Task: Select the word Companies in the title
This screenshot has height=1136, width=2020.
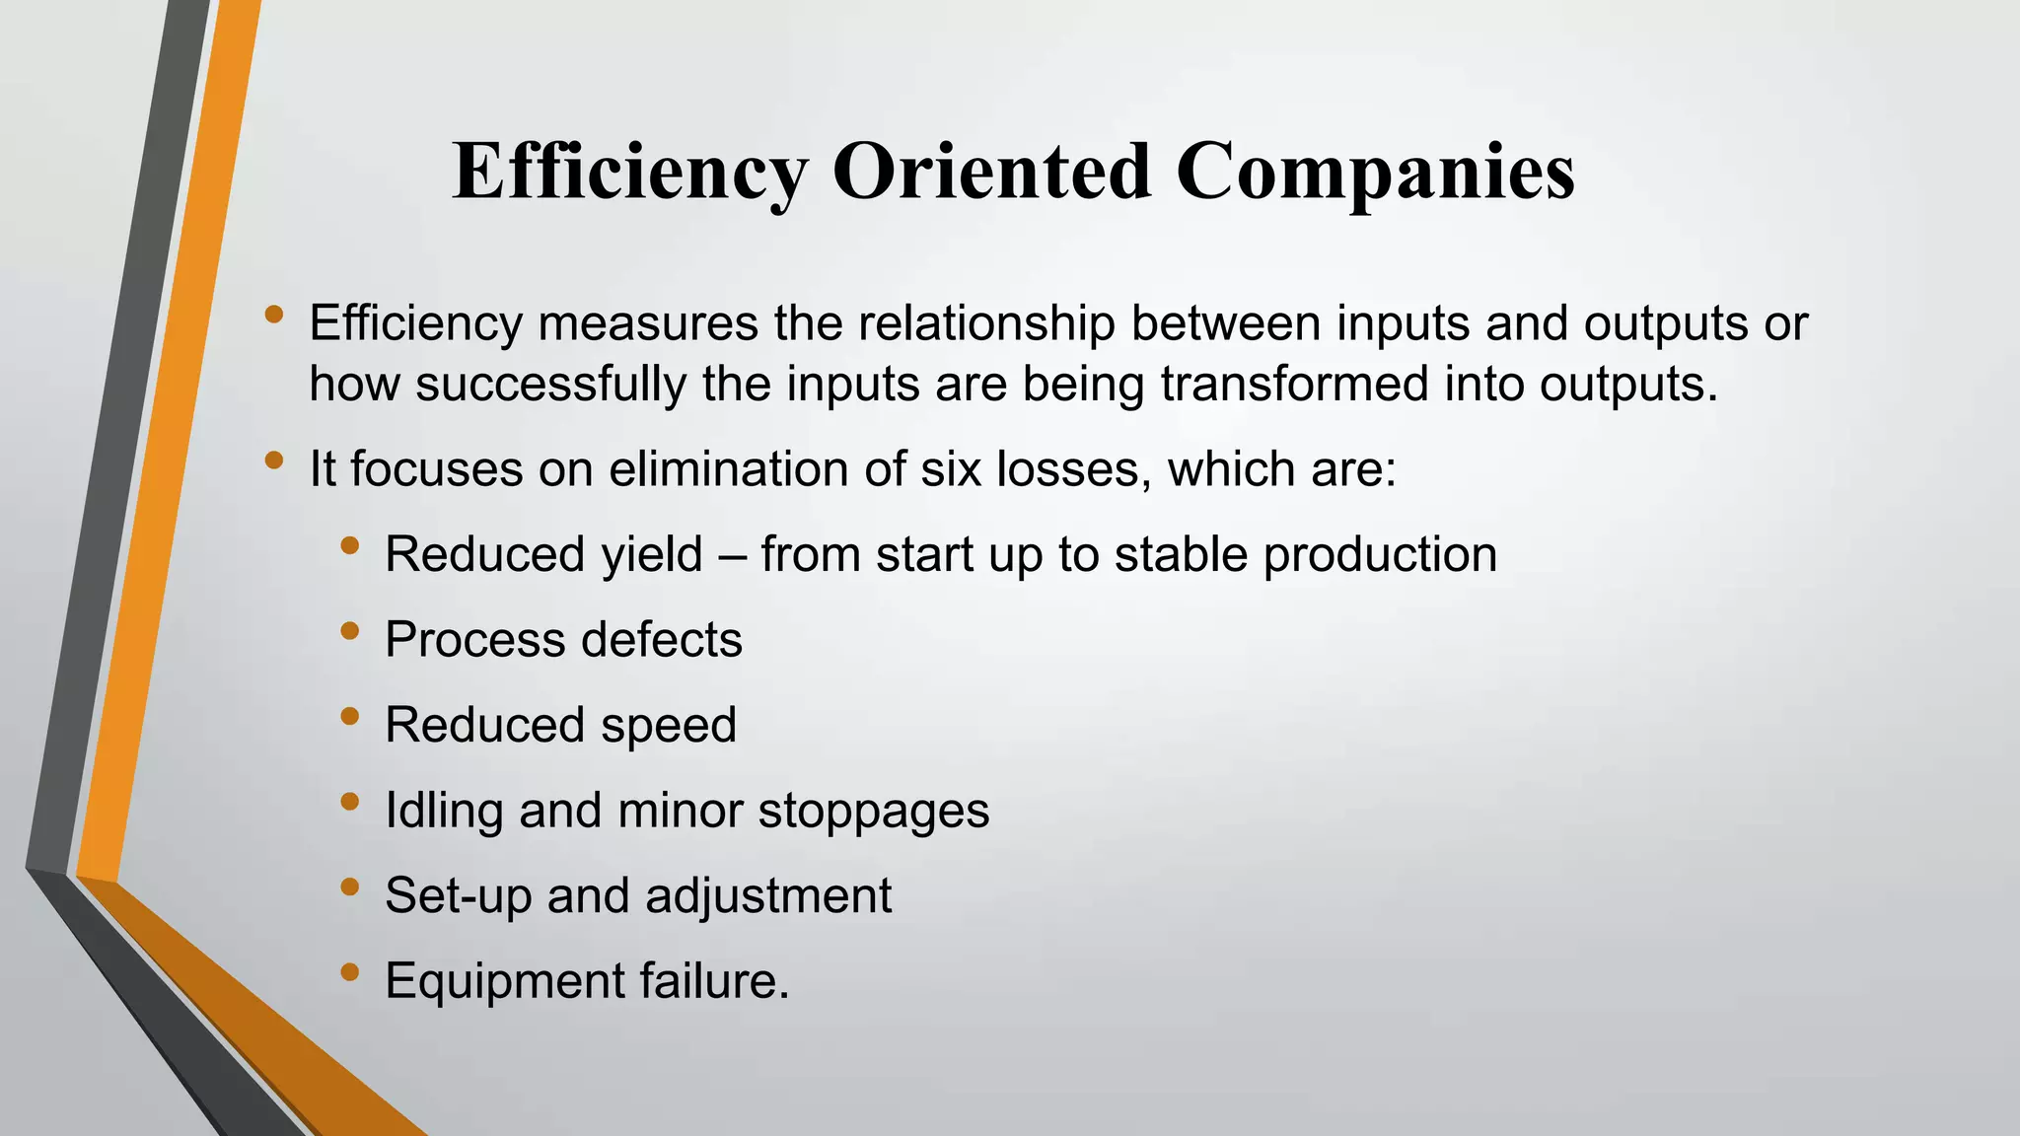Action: [x=1376, y=173]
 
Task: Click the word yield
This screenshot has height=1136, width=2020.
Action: [x=652, y=555]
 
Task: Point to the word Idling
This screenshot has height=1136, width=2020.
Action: [x=444, y=812]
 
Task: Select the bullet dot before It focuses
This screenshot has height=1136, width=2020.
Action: [x=274, y=461]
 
